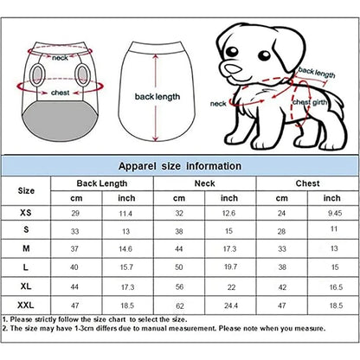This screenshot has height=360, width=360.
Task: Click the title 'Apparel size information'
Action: click(179, 165)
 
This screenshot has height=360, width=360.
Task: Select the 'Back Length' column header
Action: click(101, 183)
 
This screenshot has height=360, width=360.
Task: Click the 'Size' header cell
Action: click(27, 190)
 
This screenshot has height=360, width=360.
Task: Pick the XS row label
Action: click(27, 213)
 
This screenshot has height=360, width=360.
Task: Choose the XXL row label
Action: click(27, 306)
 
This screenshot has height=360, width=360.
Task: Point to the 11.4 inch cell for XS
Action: click(126, 213)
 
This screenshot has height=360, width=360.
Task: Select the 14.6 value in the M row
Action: click(126, 250)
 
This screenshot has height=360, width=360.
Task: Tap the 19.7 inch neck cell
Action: click(229, 268)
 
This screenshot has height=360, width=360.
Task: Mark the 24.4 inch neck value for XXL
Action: click(229, 306)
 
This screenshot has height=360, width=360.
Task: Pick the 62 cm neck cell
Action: click(179, 306)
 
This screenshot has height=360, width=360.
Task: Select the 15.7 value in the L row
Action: click(126, 268)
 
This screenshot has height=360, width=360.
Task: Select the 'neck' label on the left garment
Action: click(60, 58)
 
